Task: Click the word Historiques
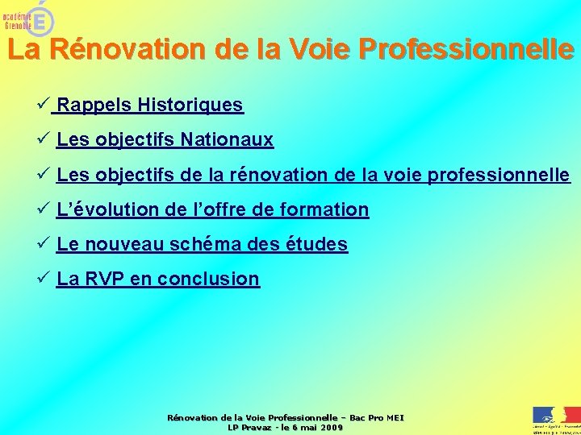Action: (x=190, y=105)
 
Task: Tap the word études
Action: (x=317, y=244)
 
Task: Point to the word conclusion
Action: (x=209, y=280)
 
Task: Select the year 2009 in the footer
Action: (x=330, y=427)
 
